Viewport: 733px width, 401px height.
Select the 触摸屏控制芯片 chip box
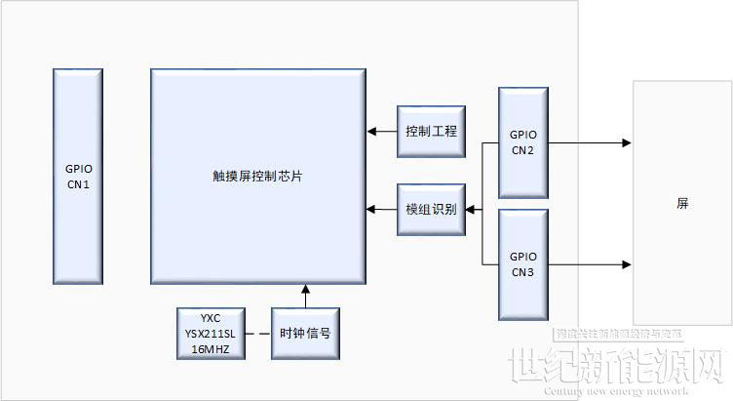tap(258, 176)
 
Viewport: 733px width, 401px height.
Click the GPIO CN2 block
tap(522, 143)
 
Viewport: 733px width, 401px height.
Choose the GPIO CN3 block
tap(522, 263)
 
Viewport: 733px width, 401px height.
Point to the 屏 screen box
tap(682, 203)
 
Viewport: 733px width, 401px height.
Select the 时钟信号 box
tap(305, 333)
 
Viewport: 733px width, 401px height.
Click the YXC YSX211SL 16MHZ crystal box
tap(210, 333)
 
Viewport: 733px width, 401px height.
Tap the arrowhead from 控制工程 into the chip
tap(370, 131)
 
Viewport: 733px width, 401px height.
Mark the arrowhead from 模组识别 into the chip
tap(370, 209)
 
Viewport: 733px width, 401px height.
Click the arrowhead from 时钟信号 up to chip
tap(305, 289)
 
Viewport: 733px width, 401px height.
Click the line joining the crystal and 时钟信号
tap(256, 333)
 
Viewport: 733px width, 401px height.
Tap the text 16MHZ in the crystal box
tap(210, 347)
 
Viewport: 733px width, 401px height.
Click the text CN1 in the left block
tap(78, 183)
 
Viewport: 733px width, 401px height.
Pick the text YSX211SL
tap(210, 333)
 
